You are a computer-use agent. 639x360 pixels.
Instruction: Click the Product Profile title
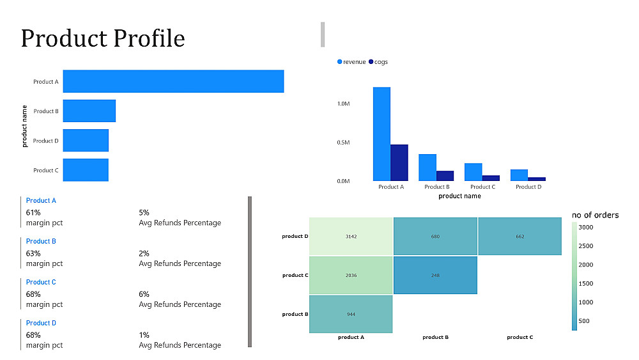click(x=103, y=38)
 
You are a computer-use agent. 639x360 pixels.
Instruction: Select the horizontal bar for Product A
click(x=173, y=81)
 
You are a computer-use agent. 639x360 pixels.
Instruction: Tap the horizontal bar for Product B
click(x=89, y=111)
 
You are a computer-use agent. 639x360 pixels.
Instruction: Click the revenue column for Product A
click(x=381, y=134)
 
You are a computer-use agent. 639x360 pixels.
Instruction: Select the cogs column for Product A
click(x=399, y=162)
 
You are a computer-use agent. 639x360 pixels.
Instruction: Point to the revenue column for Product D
click(x=519, y=175)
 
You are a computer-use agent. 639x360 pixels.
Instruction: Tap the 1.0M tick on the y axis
click(x=343, y=103)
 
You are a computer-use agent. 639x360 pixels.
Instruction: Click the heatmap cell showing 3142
click(x=351, y=237)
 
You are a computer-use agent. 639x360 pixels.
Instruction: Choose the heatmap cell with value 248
click(x=435, y=275)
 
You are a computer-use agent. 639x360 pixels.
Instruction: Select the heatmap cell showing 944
click(x=351, y=314)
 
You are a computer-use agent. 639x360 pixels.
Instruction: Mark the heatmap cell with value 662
click(x=520, y=237)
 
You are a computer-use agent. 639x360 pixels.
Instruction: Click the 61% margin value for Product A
click(x=33, y=212)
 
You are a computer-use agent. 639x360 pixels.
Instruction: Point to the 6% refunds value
click(x=144, y=294)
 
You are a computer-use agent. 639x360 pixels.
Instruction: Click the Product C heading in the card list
click(x=41, y=282)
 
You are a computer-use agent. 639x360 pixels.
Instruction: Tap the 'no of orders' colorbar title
click(x=595, y=215)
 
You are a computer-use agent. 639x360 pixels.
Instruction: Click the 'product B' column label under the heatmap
click(x=435, y=337)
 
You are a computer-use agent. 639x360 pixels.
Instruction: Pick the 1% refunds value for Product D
click(x=144, y=335)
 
